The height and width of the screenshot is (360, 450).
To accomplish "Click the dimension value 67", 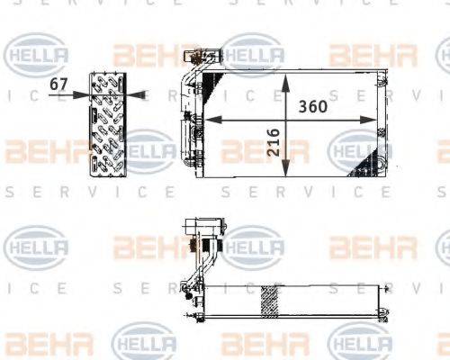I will [x=59, y=84].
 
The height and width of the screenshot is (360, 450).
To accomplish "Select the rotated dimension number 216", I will [x=273, y=142].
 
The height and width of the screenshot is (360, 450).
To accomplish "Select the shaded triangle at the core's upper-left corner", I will [x=212, y=86].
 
